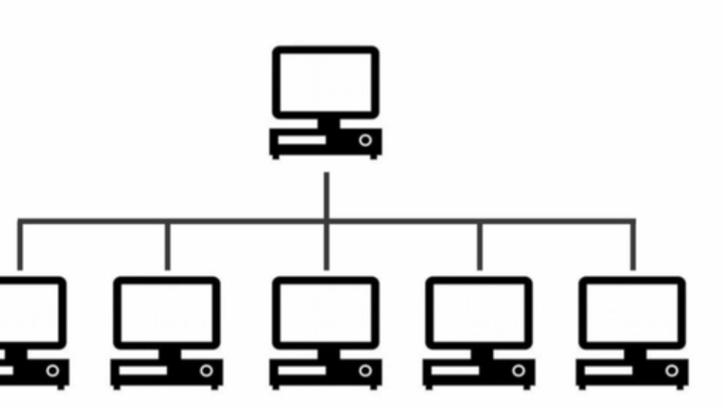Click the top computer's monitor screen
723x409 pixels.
(325, 82)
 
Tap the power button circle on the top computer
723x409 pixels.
(365, 140)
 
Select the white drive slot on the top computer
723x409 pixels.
(302, 140)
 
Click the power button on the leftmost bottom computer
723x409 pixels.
(52, 370)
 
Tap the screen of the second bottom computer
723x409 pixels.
(166, 312)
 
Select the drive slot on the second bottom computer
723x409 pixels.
(143, 370)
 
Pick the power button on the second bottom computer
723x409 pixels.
(206, 370)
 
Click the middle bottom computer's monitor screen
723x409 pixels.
(325, 312)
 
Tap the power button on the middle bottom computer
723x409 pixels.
(365, 370)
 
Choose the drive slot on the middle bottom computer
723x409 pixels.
(302, 370)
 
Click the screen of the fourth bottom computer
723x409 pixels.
(478, 312)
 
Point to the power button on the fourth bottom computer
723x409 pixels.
(518, 370)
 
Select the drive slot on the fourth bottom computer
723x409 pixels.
(455, 370)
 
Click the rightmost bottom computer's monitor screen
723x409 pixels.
(631, 312)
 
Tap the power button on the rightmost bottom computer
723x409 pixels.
(671, 370)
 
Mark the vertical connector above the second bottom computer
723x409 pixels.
(167, 246)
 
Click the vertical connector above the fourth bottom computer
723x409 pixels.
(480, 246)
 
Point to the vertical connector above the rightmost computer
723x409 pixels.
(634, 246)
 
